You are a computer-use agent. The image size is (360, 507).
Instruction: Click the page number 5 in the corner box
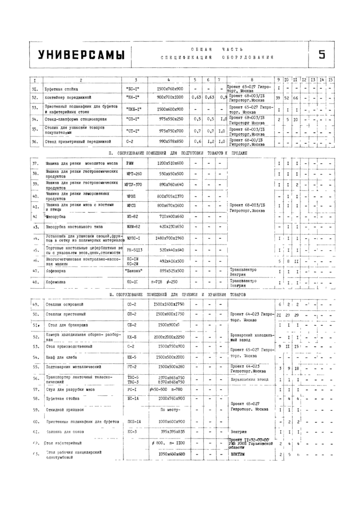(x=321, y=55)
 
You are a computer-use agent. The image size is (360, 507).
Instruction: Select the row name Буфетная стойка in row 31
(x=58, y=89)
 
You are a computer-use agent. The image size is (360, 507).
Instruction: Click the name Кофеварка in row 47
(x=55, y=270)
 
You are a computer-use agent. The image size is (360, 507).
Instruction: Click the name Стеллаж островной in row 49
(x=64, y=305)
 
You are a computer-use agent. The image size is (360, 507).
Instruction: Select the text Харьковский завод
(x=249, y=379)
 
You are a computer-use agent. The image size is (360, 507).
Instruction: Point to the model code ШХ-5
(x=132, y=357)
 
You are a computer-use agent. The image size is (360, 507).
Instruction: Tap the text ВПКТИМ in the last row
(x=238, y=454)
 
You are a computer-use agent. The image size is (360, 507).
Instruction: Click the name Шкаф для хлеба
(x=60, y=357)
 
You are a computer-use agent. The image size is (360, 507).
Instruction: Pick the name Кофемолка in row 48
(x=56, y=282)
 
